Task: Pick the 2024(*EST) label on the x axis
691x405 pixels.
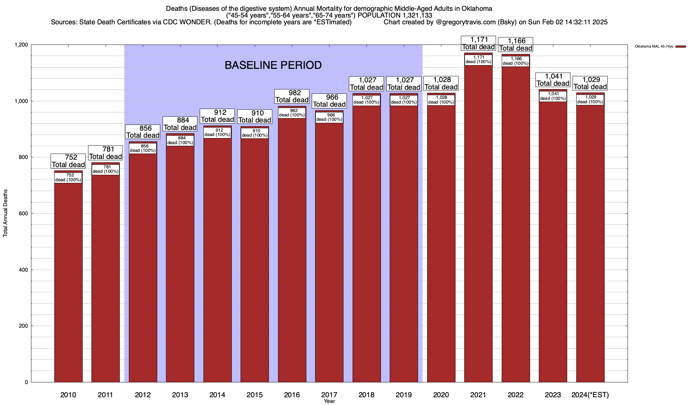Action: (x=590, y=395)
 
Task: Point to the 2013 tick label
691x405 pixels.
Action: (x=180, y=395)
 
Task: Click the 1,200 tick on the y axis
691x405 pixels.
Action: (x=21, y=45)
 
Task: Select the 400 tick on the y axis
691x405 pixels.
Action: (x=23, y=270)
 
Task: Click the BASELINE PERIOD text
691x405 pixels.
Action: (x=273, y=65)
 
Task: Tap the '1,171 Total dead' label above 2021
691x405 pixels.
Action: (x=478, y=43)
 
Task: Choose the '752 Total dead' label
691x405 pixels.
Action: (x=68, y=161)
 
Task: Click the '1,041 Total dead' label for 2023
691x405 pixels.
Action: (x=553, y=80)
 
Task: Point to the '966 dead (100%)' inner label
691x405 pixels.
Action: (x=329, y=117)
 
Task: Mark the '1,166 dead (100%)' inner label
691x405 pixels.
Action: (x=516, y=61)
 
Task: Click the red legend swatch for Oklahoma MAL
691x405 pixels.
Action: (x=681, y=47)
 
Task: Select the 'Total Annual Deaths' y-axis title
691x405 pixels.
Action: (x=5, y=213)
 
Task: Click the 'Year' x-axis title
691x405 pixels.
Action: (x=329, y=401)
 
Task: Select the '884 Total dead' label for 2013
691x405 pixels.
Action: (x=180, y=124)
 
